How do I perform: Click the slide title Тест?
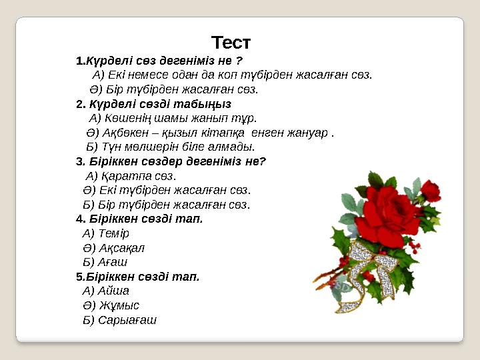231,43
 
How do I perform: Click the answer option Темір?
113,233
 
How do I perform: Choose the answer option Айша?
113,291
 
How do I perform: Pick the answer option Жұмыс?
118,305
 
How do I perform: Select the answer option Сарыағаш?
127,320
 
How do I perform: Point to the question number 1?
79,61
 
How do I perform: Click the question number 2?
80,104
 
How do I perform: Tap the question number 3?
80,161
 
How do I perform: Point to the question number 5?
79,276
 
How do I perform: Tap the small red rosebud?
431,191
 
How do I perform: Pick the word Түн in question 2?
110,147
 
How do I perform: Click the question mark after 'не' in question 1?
239,61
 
